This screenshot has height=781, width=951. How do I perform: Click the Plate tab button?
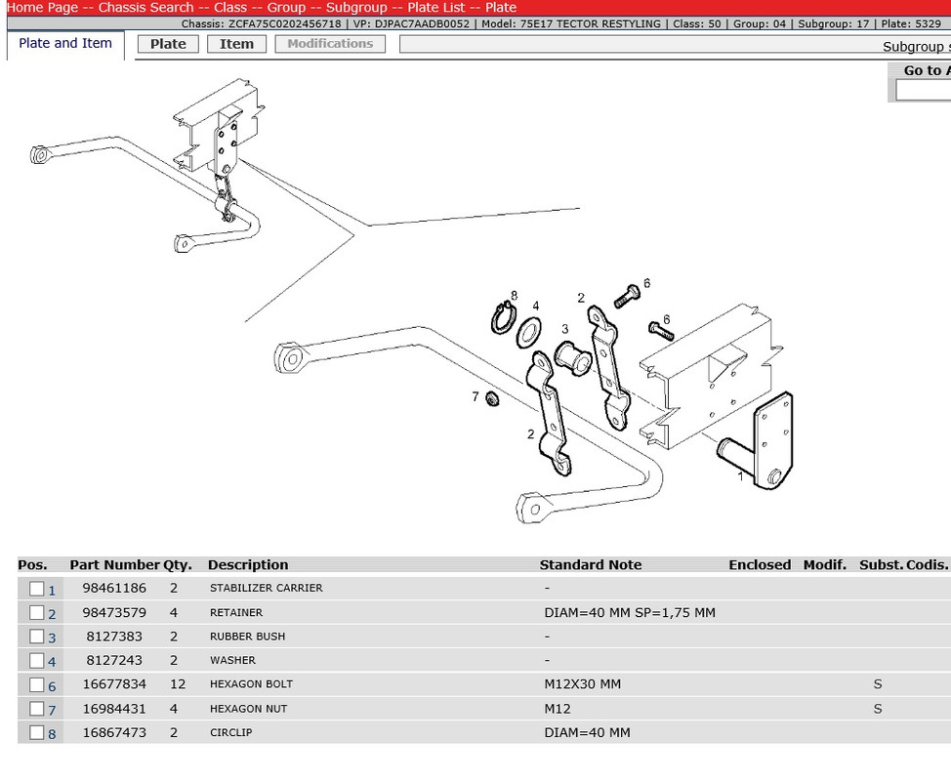[168, 44]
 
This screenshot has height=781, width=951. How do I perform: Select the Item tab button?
[236, 44]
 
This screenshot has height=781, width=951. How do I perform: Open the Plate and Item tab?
[65, 43]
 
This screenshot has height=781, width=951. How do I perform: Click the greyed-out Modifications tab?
[330, 44]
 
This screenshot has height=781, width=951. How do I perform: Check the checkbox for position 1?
[37, 589]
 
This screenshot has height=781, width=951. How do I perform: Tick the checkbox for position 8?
[37, 733]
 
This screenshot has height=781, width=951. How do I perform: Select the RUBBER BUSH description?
[247, 637]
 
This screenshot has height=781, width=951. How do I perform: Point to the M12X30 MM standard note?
[582, 684]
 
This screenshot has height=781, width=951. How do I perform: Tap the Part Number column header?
[113, 565]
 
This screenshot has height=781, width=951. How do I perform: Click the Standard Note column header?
[590, 565]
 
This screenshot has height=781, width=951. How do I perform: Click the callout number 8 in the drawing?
[514, 295]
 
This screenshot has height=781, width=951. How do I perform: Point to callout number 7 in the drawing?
[475, 396]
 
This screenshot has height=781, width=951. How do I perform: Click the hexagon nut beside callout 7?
[493, 399]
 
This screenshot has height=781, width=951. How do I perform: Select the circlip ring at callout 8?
[503, 318]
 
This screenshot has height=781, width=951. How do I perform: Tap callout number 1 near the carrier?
[740, 476]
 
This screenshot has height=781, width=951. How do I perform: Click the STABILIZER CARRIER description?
[266, 589]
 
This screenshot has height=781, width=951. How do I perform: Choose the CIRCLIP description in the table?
[230, 733]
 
